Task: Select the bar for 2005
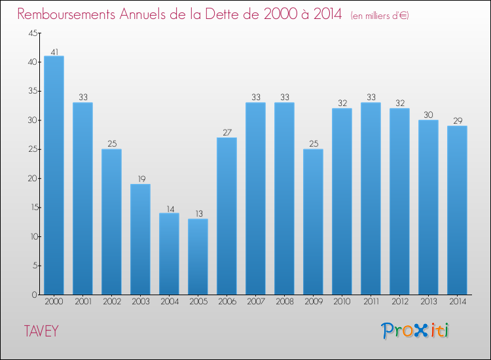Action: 198,256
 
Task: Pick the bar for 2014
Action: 457,209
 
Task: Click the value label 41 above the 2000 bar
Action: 54,51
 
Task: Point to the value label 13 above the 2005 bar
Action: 198,213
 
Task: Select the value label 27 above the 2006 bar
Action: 227,132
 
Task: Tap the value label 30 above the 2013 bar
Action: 428,115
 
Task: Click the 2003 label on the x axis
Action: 140,302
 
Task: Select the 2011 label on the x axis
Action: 371,302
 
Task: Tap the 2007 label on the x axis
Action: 255,302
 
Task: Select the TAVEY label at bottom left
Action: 41,331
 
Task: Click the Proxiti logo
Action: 416,331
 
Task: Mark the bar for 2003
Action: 140,239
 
